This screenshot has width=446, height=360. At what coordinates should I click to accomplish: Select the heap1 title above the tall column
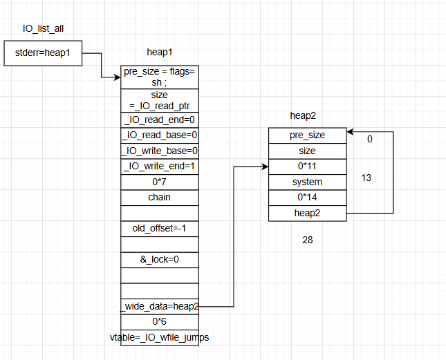(160, 53)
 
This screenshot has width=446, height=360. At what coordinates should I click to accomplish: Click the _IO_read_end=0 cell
(160, 119)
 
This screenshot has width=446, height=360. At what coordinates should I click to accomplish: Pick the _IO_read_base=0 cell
(160, 135)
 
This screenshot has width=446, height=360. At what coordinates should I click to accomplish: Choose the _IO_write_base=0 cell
(160, 151)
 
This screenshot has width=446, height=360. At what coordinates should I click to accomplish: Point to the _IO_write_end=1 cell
(160, 166)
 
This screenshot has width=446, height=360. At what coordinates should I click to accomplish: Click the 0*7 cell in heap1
(160, 182)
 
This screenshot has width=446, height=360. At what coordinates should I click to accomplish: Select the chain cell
(160, 197)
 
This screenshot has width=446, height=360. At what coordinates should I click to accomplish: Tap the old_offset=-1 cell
(160, 228)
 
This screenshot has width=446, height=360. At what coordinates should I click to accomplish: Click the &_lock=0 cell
(160, 259)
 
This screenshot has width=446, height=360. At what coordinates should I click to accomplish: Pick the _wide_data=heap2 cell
(160, 306)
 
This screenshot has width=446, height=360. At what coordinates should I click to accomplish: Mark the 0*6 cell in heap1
(160, 321)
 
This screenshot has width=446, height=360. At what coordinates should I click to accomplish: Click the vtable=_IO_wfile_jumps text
(160, 337)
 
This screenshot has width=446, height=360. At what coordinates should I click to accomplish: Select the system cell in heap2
(307, 182)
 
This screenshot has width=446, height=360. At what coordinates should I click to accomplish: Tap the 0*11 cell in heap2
(307, 167)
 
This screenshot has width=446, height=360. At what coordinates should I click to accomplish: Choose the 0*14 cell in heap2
(307, 198)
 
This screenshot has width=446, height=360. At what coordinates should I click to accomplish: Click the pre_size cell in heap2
(307, 135)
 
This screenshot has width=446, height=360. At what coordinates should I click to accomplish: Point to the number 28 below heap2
(308, 240)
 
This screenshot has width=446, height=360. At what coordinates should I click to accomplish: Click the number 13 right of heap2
(366, 178)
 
